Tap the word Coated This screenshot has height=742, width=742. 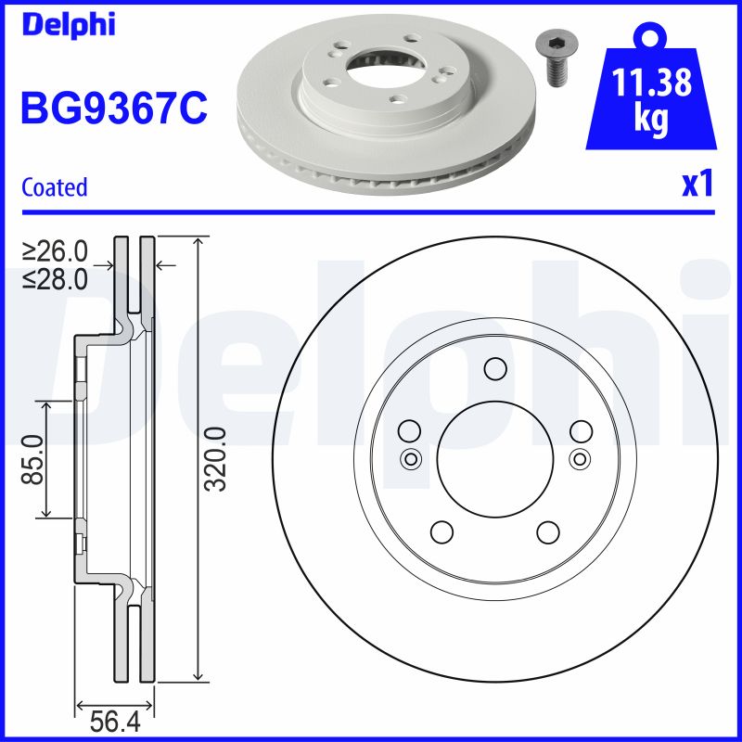pyautogui.click(x=54, y=187)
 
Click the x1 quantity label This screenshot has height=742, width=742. pyautogui.click(x=697, y=185)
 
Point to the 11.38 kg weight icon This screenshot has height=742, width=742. pyautogui.click(x=652, y=93)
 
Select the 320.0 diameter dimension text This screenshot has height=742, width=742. pyautogui.click(x=215, y=459)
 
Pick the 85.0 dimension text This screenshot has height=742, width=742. pyautogui.click(x=34, y=459)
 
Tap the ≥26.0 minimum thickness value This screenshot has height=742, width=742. pyautogui.click(x=56, y=251)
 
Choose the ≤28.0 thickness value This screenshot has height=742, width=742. pyautogui.click(x=56, y=278)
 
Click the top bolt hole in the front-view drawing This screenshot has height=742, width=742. pyautogui.click(x=494, y=369)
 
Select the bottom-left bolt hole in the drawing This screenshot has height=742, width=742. pyautogui.click(x=441, y=531)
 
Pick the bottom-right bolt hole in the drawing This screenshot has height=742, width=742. pyautogui.click(x=548, y=531)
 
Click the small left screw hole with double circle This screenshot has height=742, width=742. pyautogui.click(x=410, y=457)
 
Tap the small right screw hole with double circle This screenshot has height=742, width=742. pyautogui.click(x=580, y=457)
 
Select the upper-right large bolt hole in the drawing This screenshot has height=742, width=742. pyautogui.click(x=582, y=430)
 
